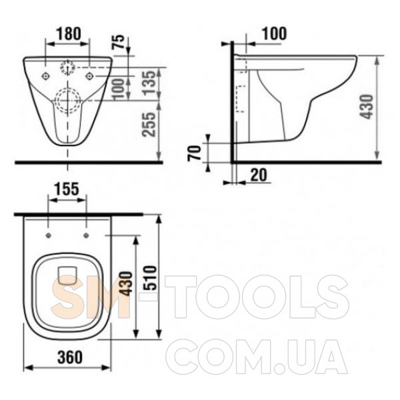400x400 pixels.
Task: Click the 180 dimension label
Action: coord(68,34)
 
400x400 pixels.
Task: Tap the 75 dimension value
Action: coord(119,42)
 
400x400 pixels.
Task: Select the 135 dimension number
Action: coord(149,83)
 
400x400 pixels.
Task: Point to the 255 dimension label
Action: coord(149,125)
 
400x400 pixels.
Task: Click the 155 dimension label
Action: coord(67,190)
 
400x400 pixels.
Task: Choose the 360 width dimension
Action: coord(70,357)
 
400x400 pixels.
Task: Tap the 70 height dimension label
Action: coord(195,153)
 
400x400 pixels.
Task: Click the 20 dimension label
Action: coord(259,175)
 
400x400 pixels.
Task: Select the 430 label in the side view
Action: coord(366,107)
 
